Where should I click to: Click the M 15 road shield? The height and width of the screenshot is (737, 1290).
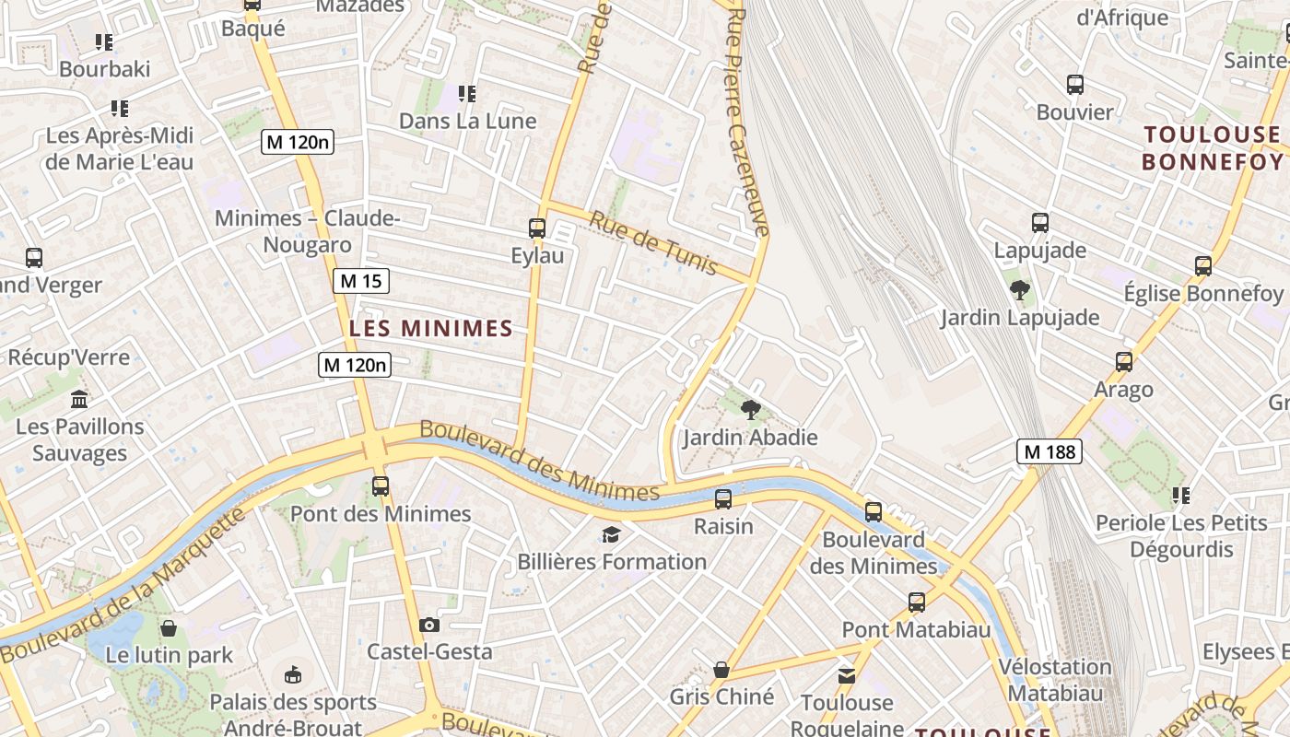360,281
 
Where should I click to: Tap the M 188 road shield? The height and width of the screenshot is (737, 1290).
1050,451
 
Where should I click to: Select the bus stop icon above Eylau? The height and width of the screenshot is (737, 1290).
537,228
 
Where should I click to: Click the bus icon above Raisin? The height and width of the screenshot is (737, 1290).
723,499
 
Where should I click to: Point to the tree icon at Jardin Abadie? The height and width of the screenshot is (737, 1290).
750,410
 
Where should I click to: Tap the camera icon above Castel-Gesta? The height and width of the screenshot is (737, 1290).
428,626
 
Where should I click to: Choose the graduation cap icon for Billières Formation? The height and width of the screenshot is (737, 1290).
611,534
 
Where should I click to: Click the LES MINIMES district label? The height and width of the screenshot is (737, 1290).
431,328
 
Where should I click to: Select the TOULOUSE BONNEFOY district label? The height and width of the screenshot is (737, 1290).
1212,148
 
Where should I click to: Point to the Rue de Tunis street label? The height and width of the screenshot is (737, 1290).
653,243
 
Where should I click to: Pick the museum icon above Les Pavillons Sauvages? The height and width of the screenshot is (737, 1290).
79,400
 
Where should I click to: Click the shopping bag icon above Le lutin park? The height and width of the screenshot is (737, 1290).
169,628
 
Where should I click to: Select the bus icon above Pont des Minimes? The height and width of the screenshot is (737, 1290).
381,485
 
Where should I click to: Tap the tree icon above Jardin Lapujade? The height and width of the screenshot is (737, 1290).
1019,290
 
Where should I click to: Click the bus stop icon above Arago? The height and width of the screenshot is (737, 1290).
1124,362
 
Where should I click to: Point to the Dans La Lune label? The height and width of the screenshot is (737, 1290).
467,121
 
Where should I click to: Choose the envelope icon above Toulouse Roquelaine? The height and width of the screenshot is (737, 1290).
847,676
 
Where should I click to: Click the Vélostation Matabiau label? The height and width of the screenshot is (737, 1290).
1055,679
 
